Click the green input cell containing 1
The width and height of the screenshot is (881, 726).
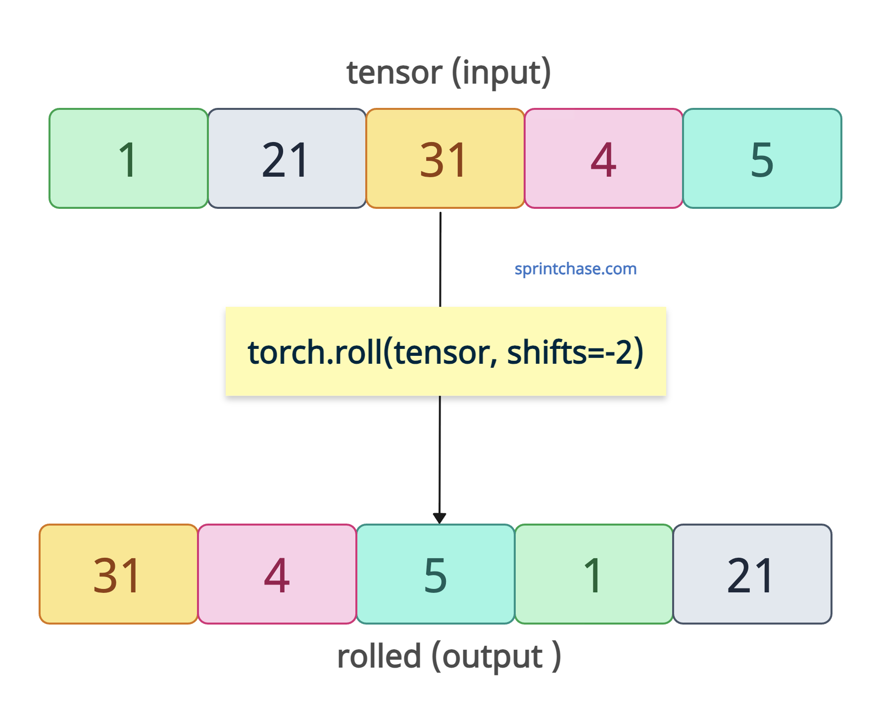point(129,158)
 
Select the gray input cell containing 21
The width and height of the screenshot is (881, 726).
point(287,158)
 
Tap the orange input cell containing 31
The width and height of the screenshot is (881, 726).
point(445,158)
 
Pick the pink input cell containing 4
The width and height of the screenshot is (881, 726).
point(604,158)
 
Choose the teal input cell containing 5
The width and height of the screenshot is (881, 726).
point(762,158)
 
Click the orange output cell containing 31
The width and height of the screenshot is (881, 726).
point(119,574)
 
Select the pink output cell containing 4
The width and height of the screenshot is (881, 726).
point(277,574)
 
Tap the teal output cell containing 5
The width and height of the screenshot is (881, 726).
point(436,574)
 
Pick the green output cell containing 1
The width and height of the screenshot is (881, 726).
point(594,574)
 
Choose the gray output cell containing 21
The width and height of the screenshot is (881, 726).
point(752,574)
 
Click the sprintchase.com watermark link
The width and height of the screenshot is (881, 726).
point(576,269)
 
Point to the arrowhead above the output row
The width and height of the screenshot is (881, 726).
point(440,518)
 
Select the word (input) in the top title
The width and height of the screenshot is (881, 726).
point(501,73)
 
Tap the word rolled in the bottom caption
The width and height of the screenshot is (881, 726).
point(379,656)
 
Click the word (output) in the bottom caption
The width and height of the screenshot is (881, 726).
point(496,657)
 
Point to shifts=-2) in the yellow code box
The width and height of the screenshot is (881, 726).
point(575,352)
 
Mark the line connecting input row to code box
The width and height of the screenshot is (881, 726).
point(440,260)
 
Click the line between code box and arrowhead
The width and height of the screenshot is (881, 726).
point(440,454)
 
